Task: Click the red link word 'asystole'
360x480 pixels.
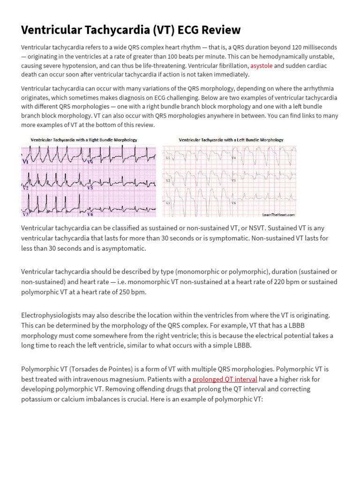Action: click(x=261, y=66)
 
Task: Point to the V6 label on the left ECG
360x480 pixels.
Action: click(x=90, y=214)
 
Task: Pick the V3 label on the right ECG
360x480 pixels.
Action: click(x=167, y=202)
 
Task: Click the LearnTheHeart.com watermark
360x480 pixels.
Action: click(x=278, y=215)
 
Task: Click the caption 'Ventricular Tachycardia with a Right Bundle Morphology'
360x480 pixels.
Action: click(x=84, y=140)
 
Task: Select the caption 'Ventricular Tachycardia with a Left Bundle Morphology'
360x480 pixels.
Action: click(x=231, y=140)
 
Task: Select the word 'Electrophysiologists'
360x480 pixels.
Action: click(x=50, y=315)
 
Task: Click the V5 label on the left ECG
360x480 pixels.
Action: click(x=90, y=187)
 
